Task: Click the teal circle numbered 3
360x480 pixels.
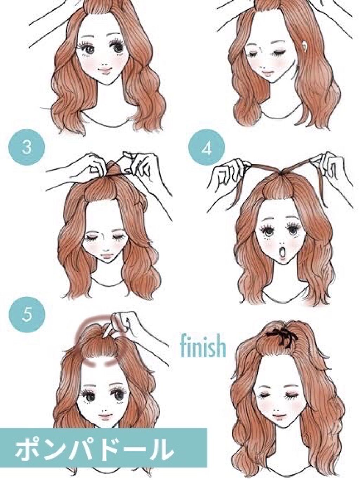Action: pos(27,147)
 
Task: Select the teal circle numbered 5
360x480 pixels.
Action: pos(27,315)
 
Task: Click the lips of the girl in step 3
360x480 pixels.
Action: pos(107,255)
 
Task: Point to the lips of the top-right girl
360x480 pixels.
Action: pos(268,75)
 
